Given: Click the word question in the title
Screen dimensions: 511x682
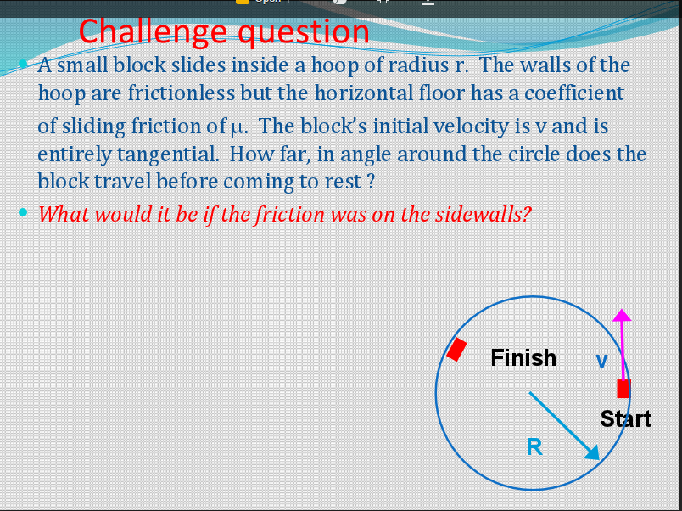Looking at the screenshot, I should (x=303, y=32).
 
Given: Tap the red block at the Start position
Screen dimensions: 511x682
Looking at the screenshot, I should (x=623, y=389).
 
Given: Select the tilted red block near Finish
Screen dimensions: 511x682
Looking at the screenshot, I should (x=457, y=349).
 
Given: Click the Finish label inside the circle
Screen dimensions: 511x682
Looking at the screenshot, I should (x=523, y=357).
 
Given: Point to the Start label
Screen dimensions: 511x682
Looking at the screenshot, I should (x=625, y=418).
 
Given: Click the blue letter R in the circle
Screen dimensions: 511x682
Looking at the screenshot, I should (x=534, y=446).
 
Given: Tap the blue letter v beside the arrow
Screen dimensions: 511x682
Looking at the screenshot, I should (x=601, y=361).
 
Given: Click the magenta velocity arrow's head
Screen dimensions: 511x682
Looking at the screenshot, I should (x=622, y=314).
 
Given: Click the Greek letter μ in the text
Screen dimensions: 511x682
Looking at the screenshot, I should (x=237, y=128).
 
